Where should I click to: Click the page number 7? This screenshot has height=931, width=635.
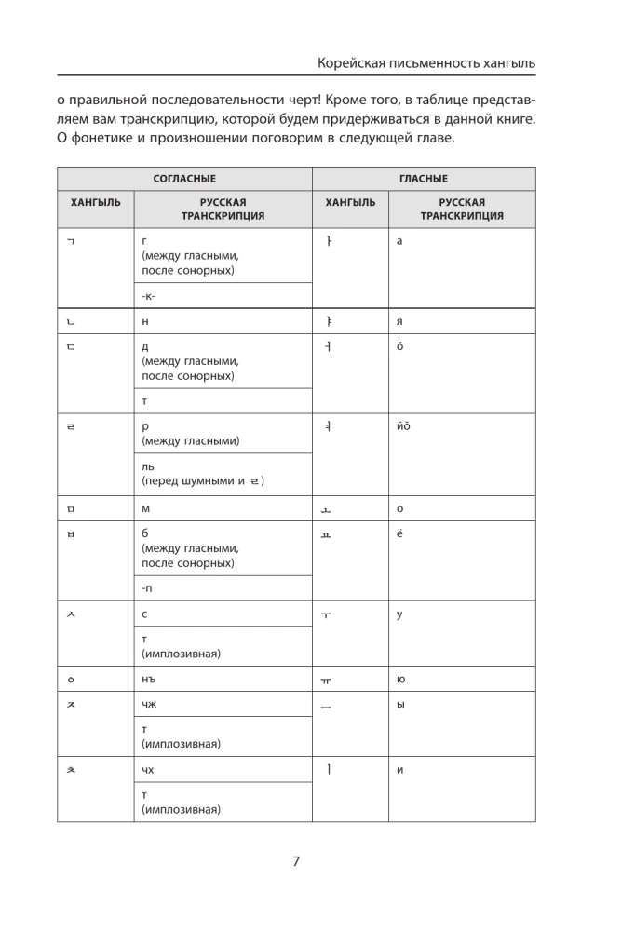click(295, 860)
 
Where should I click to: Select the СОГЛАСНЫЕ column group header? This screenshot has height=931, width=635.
click(184, 179)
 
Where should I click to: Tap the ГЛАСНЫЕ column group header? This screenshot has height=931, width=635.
click(424, 179)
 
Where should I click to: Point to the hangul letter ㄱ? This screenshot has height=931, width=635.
click(71, 241)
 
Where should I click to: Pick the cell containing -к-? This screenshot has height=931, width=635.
click(148, 295)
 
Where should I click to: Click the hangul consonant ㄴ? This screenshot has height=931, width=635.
click(71, 321)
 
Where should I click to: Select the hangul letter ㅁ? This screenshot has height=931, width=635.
click(71, 509)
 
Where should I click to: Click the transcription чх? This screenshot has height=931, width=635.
click(149, 770)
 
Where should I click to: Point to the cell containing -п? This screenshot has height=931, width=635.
click(147, 588)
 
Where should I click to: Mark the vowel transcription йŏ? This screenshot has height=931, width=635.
click(403, 427)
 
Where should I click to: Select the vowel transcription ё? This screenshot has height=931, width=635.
click(399, 534)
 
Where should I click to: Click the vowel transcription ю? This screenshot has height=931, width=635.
click(400, 680)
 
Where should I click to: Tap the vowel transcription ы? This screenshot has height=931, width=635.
click(400, 705)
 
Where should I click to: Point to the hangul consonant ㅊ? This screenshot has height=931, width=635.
click(71, 771)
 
